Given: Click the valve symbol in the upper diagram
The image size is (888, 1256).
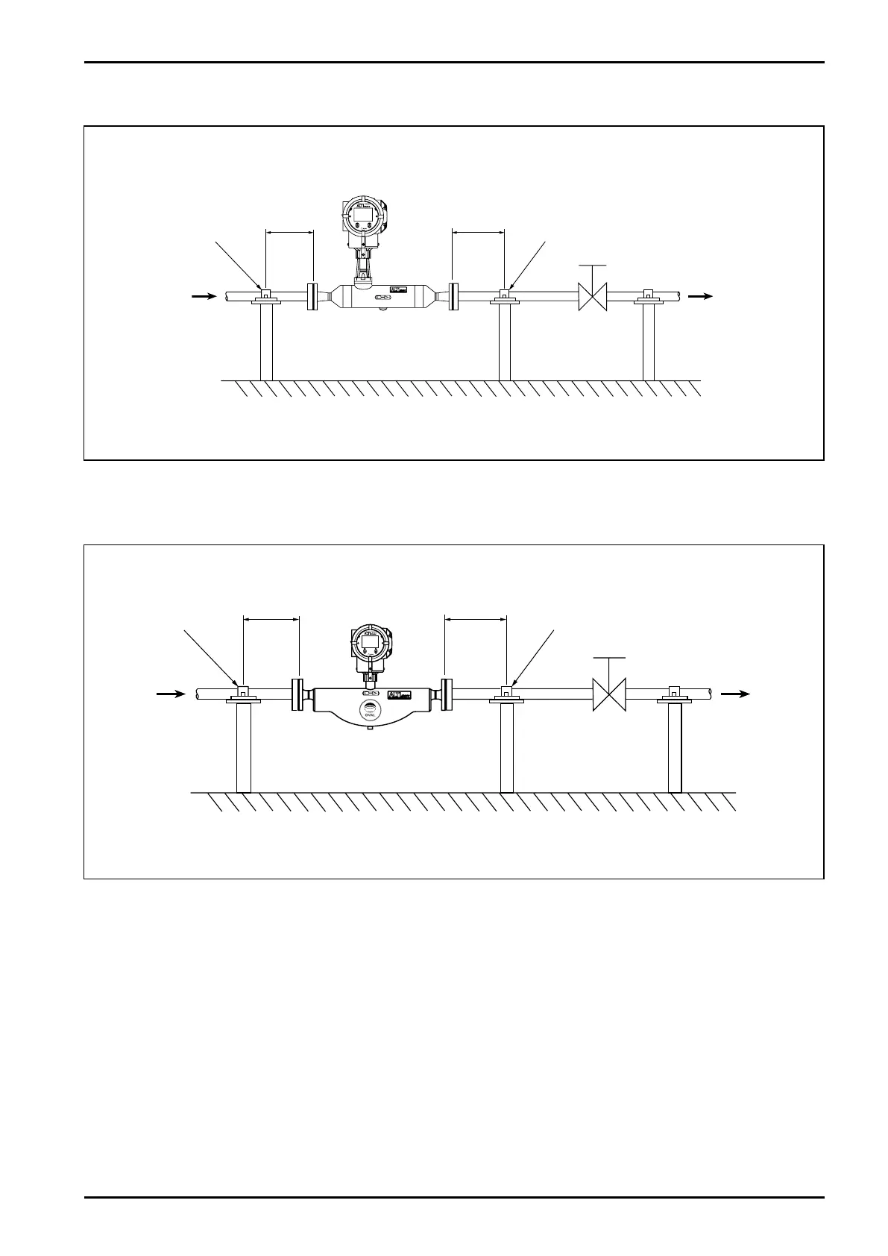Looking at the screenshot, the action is (x=593, y=297).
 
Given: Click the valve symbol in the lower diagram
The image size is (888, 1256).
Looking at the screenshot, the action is (x=608, y=694).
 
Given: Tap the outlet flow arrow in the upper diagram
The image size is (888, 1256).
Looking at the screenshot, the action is (x=700, y=296).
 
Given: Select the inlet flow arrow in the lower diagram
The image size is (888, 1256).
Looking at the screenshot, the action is (x=171, y=694).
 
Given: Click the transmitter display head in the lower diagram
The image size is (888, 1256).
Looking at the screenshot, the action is (x=371, y=641).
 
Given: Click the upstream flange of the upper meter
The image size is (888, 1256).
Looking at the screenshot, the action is (x=312, y=296).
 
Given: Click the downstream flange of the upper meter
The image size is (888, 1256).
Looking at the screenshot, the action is (x=453, y=296).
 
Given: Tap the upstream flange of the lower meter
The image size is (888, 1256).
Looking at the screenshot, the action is (x=297, y=694).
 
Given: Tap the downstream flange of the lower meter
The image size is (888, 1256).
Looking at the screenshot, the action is (x=447, y=694).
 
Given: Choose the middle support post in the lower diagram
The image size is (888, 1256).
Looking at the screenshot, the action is (x=506, y=747).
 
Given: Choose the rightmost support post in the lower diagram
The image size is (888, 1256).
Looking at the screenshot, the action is (x=675, y=747).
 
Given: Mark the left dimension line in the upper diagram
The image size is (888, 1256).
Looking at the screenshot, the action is (x=289, y=231).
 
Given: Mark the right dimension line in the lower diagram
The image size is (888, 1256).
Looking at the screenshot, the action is (x=475, y=618).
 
